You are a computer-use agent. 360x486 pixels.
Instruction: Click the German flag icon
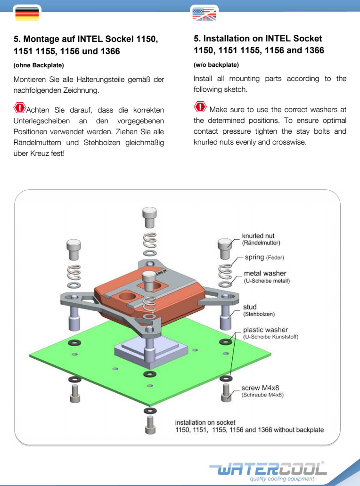tap(27, 14)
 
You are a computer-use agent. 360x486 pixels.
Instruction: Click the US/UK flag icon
tap(204, 14)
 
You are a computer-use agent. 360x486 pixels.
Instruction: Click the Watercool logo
tap(268, 468)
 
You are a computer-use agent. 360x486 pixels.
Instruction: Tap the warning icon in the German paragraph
tap(20, 108)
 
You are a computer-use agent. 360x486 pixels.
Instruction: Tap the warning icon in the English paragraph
tap(200, 108)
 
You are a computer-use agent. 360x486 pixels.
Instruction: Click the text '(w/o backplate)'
tap(216, 65)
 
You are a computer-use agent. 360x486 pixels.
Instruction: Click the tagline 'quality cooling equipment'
tap(282, 479)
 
